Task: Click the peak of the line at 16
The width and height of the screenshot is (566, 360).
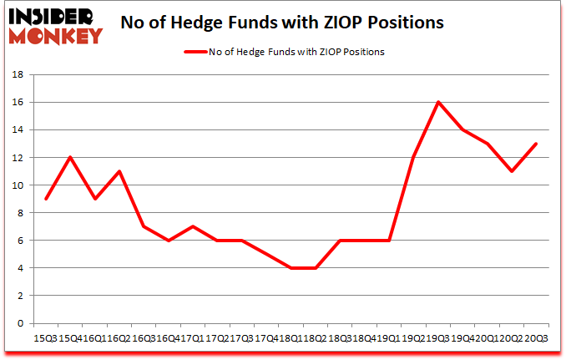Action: click(438, 102)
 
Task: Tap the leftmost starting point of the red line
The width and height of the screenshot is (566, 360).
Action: click(46, 199)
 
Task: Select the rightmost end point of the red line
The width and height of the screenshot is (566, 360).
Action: click(536, 144)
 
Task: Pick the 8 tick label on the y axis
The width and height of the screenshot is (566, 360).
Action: click(20, 212)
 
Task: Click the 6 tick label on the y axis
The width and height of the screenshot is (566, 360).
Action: click(20, 240)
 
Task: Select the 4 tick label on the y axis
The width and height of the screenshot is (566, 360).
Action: click(20, 267)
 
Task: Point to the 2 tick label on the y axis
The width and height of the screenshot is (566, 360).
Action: click(20, 295)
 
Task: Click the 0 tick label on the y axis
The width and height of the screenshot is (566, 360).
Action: click(20, 322)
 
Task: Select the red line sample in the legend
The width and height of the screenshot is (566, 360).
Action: click(198, 52)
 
